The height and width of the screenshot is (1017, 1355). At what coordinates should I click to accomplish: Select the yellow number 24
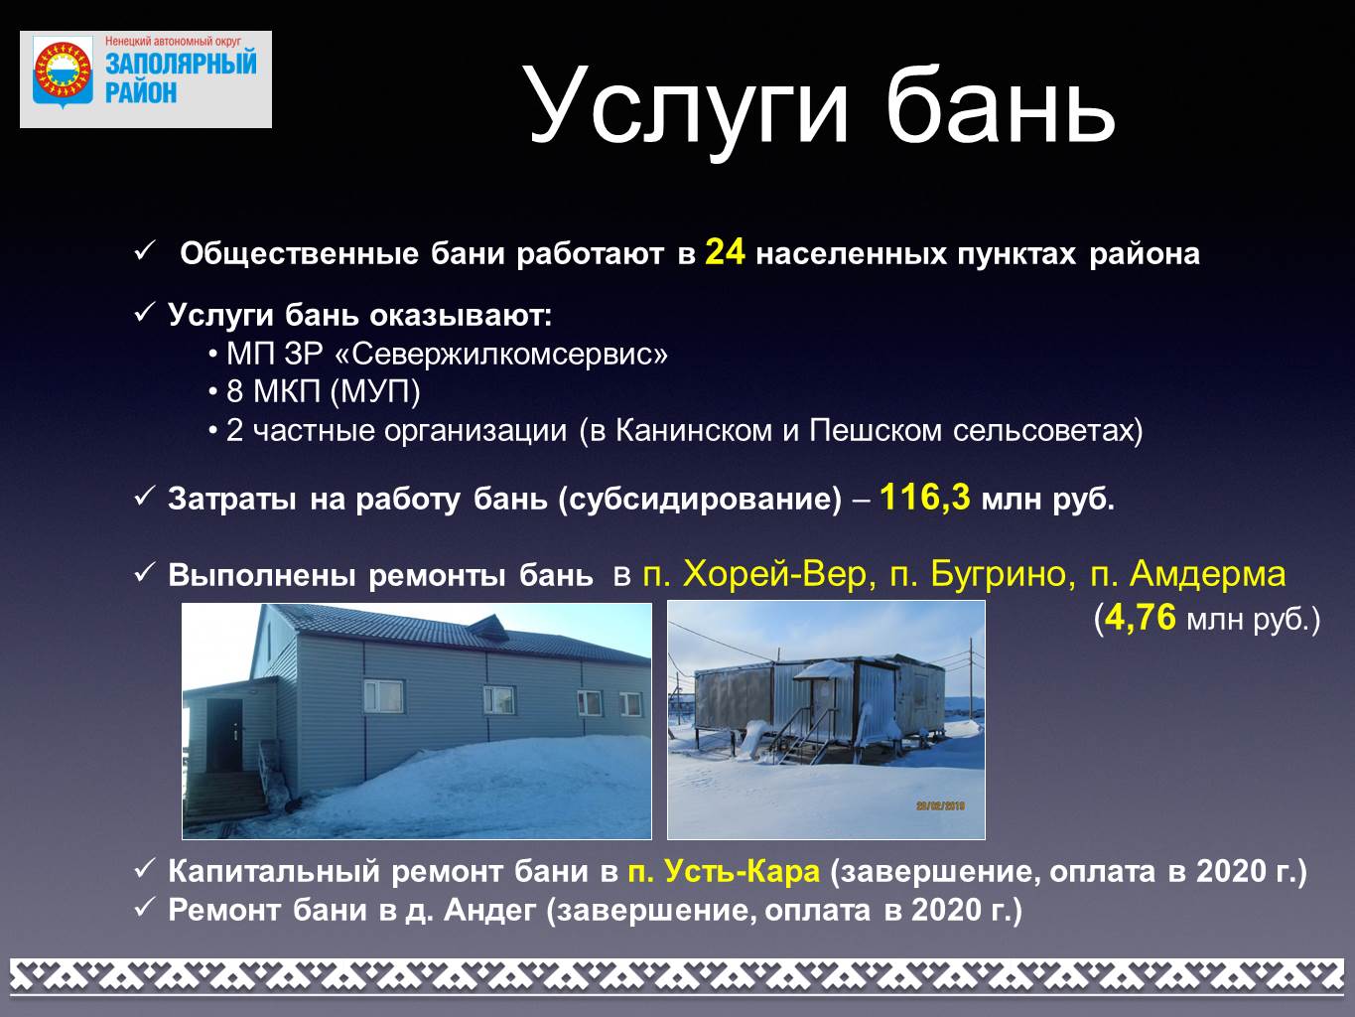tap(726, 252)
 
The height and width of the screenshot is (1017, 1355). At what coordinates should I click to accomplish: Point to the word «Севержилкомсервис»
tap(501, 355)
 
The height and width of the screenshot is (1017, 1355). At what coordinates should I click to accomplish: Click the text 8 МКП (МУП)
tap(324, 391)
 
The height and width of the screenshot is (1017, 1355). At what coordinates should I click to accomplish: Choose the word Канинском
tap(694, 430)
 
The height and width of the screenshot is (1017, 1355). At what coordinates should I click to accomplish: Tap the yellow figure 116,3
tap(925, 498)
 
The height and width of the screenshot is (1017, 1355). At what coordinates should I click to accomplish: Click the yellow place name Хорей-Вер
tap(778, 574)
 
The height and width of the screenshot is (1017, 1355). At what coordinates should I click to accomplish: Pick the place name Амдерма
tap(1208, 574)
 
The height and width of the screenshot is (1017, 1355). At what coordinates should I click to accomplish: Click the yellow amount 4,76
tap(1141, 618)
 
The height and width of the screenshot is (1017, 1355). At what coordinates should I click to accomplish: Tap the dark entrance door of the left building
tap(225, 735)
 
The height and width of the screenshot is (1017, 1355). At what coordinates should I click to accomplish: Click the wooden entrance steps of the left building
tap(225, 796)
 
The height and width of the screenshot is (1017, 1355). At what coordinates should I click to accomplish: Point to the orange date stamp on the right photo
tap(940, 805)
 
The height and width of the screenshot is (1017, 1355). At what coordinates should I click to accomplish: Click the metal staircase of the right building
tap(799, 738)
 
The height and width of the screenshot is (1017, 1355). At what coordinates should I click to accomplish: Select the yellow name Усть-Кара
tap(724, 871)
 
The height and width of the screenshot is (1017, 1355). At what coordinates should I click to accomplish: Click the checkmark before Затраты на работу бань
tap(143, 497)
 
